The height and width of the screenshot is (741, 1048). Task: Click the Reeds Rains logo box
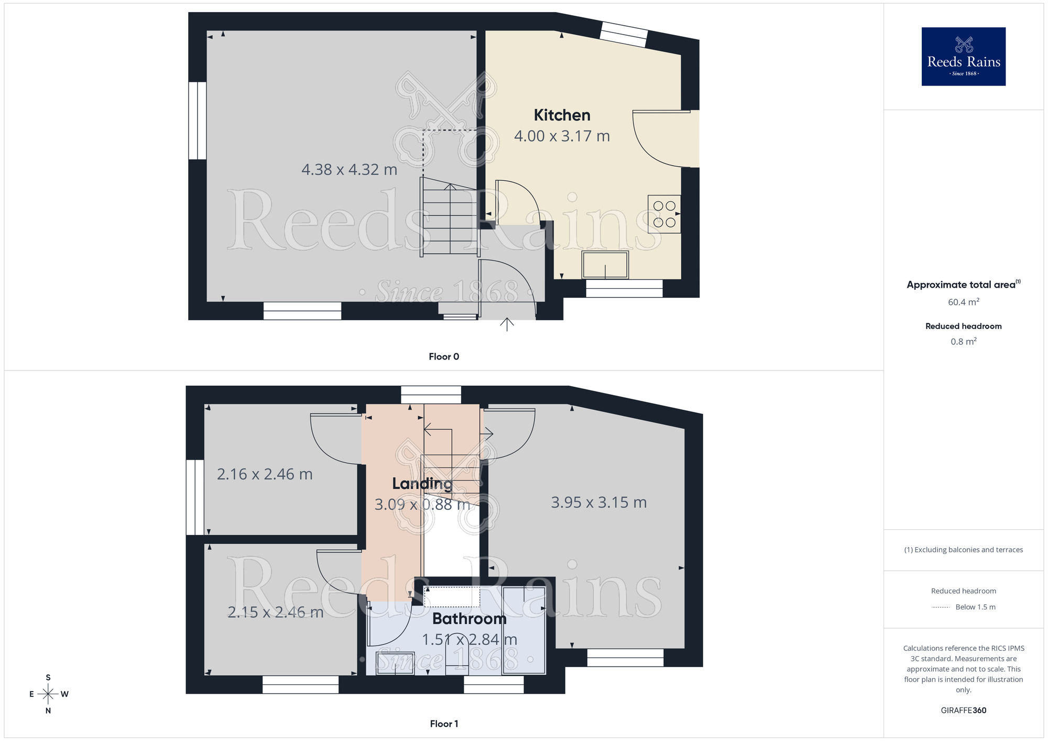(x=963, y=57)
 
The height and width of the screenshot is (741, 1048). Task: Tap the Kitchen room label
(x=562, y=115)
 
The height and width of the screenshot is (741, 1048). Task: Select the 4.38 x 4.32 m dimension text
(x=349, y=170)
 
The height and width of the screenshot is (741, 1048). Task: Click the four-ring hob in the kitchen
(x=664, y=214)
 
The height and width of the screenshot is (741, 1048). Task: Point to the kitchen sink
(x=605, y=265)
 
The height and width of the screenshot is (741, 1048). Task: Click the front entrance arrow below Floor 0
(x=507, y=324)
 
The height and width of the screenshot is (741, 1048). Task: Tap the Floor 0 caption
(x=444, y=357)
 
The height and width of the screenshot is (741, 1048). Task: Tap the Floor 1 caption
(x=444, y=724)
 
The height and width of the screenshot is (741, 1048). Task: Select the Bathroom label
(x=469, y=619)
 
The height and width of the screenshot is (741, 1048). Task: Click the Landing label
(x=422, y=484)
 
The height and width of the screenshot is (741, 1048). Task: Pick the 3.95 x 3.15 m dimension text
(x=598, y=503)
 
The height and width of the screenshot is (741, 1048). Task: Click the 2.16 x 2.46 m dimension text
(x=265, y=474)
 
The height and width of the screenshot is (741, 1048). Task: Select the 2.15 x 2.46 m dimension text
(x=275, y=612)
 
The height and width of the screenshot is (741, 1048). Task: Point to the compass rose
(x=48, y=694)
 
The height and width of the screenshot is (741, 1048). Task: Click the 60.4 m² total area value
(x=963, y=302)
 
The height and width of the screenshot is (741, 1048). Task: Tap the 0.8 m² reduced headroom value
(x=963, y=342)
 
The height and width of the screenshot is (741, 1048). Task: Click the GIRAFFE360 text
(x=963, y=711)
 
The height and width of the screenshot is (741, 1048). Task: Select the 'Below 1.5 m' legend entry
(x=975, y=607)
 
